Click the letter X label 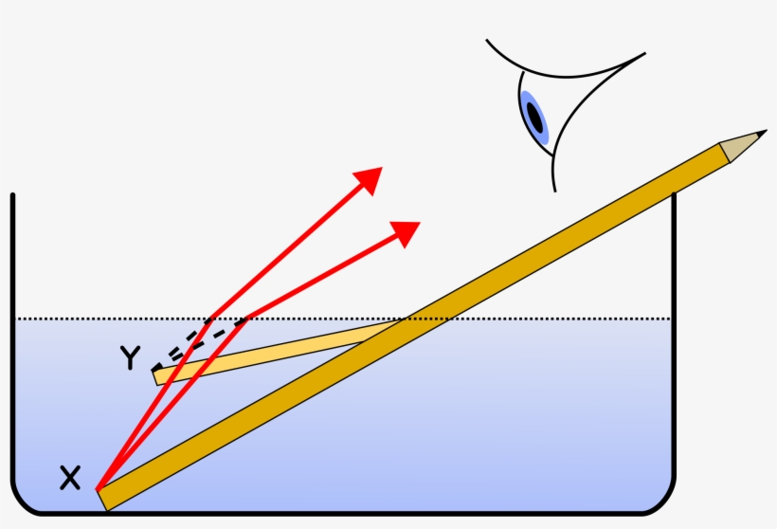tap(70, 478)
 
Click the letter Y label tap(130, 357)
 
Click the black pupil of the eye tap(535, 119)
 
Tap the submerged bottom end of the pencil tap(104, 498)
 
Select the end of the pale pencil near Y tap(159, 376)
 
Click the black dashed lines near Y tap(194, 344)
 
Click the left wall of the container tap(12, 332)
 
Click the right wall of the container tap(675, 332)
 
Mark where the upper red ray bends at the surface tap(212, 318)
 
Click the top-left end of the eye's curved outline tap(488, 42)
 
